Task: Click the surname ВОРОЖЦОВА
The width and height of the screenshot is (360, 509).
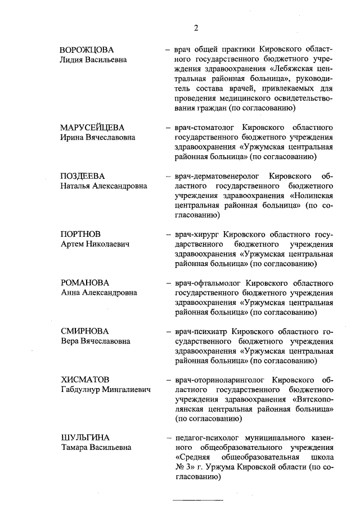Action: [x=90, y=49]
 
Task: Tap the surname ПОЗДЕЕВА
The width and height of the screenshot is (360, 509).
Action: [x=83, y=176]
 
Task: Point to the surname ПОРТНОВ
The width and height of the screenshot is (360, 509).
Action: [x=81, y=234]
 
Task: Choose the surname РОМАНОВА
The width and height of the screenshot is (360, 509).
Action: [x=84, y=282]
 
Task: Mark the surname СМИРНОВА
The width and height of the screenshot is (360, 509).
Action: [x=84, y=331]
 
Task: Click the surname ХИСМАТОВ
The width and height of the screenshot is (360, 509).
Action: [x=85, y=380]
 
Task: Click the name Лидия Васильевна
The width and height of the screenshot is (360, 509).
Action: [x=93, y=60]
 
